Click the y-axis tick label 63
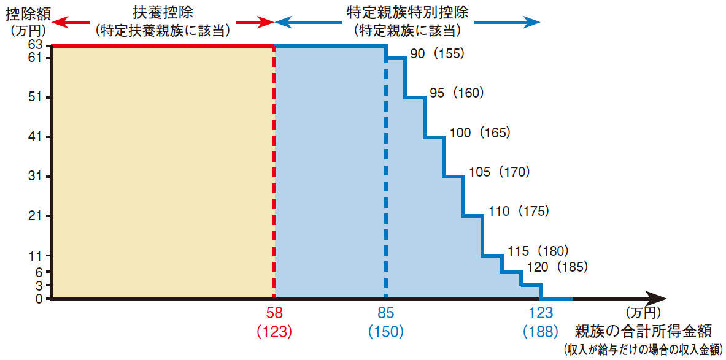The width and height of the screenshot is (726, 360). point(36,45)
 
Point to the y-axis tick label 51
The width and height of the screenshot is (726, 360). point(36,98)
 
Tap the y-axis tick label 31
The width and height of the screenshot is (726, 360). point(36,177)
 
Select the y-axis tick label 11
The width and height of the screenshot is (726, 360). point(36,255)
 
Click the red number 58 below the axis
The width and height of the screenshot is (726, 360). point(274,313)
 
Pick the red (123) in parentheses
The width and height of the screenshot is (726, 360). point(274,331)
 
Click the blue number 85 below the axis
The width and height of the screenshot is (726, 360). point(385,313)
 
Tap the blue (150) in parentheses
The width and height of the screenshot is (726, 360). point(385,331)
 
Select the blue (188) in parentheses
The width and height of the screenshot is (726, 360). point(540,331)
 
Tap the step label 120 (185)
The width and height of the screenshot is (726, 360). point(557,267)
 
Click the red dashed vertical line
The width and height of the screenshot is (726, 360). point(274,173)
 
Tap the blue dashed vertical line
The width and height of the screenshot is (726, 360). point(385,173)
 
